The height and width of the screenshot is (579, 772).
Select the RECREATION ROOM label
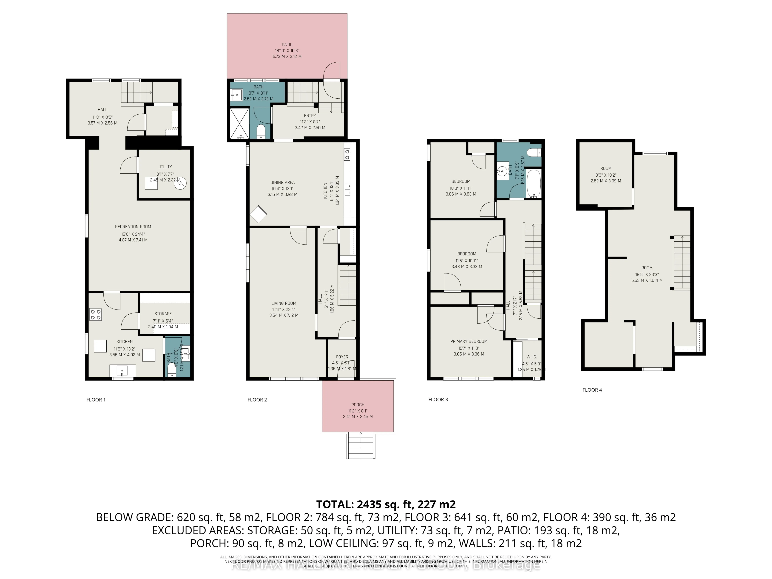133,227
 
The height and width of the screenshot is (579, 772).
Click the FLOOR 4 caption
592,390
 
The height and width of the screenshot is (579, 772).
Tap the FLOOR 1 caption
96,400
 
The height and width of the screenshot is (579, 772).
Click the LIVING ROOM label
284,303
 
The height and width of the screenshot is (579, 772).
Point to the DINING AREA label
282,182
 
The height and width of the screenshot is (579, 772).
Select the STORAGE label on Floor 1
163,313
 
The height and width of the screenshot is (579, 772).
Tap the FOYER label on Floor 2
342,357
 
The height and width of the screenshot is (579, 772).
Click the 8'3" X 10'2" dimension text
606,175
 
